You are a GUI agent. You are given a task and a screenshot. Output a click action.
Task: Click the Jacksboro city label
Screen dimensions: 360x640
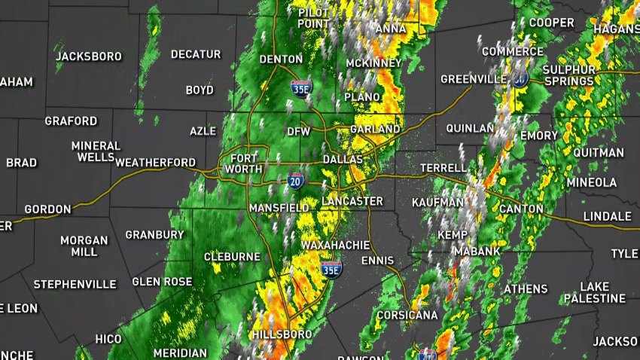tap(89, 56)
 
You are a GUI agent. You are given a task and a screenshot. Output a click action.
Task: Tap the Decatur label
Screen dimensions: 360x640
tap(196, 54)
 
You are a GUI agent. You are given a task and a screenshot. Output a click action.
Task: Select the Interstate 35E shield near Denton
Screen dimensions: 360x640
tap(299, 88)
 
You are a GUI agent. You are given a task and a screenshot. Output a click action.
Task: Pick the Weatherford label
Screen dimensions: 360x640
tap(156, 162)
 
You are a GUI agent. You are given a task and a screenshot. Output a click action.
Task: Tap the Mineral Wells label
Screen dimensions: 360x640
tap(96, 151)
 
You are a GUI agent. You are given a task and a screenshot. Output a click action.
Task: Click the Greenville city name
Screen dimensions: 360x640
tap(473, 79)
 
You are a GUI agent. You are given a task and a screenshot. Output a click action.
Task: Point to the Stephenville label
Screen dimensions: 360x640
tap(75, 285)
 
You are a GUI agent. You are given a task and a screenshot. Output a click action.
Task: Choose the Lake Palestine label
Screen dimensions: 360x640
tap(603, 292)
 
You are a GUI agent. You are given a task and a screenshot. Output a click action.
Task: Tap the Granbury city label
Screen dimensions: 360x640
tap(154, 235)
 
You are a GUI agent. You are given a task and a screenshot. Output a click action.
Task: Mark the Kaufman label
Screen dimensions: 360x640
tap(437, 203)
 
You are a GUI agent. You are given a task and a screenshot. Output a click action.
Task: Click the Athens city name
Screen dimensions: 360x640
tap(526, 289)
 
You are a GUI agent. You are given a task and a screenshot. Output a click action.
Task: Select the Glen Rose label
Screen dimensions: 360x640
tap(158, 282)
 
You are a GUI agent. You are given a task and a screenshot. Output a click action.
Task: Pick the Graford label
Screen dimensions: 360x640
tap(71, 121)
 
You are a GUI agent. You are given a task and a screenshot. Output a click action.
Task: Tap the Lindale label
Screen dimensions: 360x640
tap(608, 216)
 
